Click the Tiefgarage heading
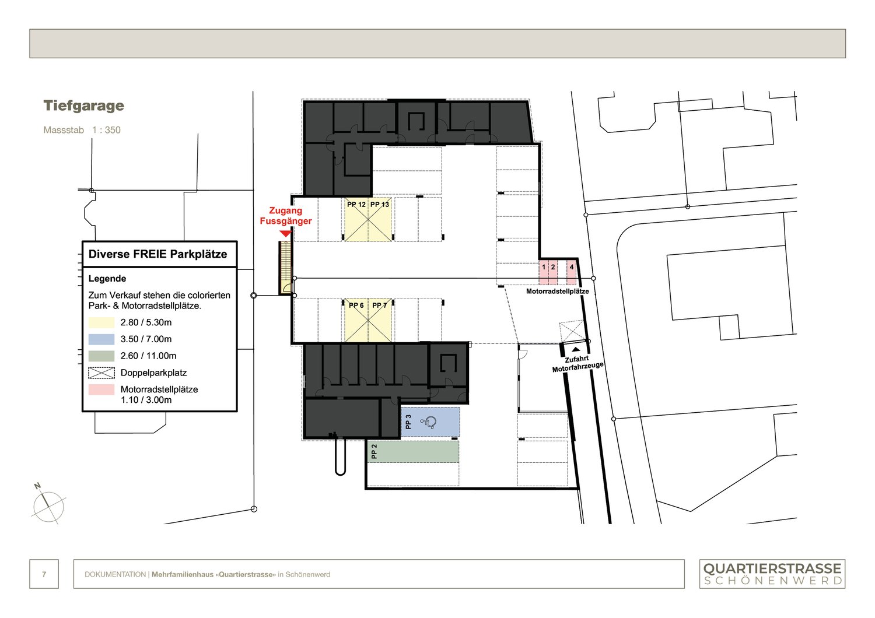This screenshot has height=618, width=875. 83,106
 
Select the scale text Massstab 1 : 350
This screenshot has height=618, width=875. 82,130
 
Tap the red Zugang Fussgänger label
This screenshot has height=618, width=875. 286,216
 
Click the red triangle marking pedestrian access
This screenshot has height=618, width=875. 285,234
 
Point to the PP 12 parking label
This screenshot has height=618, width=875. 356,205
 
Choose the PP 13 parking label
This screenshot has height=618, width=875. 380,205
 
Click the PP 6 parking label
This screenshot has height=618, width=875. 356,306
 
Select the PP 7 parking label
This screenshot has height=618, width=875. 380,306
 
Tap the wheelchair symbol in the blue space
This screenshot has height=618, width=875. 429,422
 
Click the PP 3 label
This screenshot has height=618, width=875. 408,422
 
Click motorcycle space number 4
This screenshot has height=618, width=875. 572,268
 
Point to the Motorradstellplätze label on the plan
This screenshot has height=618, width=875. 557,292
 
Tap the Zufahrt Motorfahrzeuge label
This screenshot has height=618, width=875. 577,364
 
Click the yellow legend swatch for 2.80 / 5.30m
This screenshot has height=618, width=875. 101,322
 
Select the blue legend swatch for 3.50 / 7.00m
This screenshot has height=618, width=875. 101,339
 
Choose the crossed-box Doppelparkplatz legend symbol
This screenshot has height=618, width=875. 101,373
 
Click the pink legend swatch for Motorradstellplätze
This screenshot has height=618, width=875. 101,389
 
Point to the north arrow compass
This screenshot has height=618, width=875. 48,504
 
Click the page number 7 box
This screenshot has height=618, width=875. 44,574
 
